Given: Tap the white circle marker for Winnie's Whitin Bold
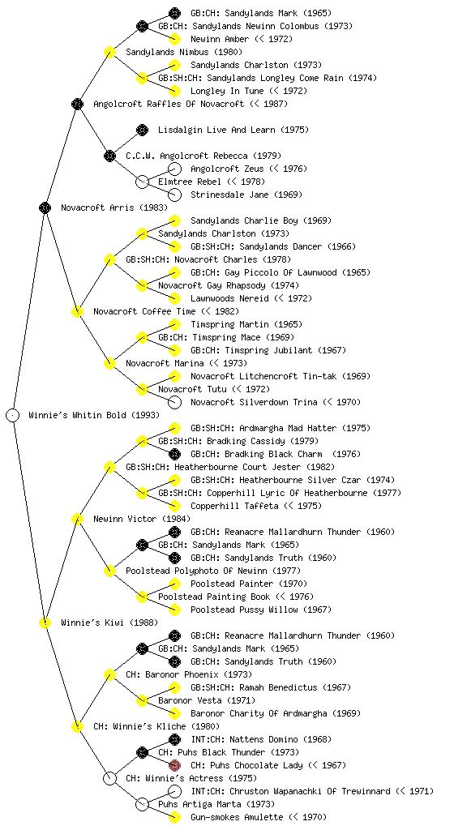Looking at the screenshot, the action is (x=13, y=415).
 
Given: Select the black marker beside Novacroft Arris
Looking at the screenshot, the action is (x=45, y=207).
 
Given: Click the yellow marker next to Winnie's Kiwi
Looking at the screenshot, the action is (x=45, y=622).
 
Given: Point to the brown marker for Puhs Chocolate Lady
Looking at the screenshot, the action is (x=174, y=765).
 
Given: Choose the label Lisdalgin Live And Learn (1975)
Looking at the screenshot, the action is (x=233, y=130).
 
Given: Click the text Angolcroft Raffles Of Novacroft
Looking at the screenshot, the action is (x=169, y=104).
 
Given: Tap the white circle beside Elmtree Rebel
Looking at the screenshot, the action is (x=142, y=182).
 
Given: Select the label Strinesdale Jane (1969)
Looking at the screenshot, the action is (x=246, y=195).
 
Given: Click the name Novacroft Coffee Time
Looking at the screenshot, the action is (x=144, y=311).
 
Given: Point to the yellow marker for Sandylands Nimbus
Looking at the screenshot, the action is (x=109, y=52).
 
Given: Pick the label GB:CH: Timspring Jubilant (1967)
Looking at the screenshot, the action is (x=268, y=350).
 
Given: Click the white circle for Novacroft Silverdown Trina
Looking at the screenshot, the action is (x=174, y=402).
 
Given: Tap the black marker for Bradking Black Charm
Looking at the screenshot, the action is (x=174, y=454).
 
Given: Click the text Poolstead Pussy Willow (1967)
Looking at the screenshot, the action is (x=261, y=610).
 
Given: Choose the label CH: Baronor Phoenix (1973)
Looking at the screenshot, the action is (x=189, y=674).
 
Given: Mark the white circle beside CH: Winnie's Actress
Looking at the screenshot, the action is (x=109, y=778).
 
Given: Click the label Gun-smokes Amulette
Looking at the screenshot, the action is (x=237, y=817).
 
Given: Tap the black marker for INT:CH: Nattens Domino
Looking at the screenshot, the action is (x=174, y=739).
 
